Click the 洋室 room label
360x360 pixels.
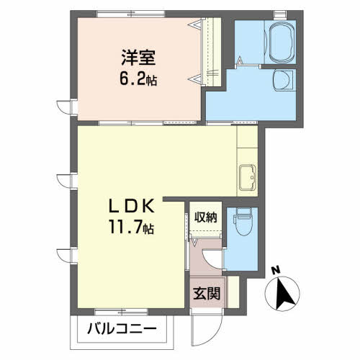[x=138, y=56]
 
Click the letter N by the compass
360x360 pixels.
[x=274, y=271]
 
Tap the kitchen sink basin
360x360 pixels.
[x=246, y=175]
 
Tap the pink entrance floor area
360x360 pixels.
[x=207, y=284]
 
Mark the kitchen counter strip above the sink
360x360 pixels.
[x=246, y=144]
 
